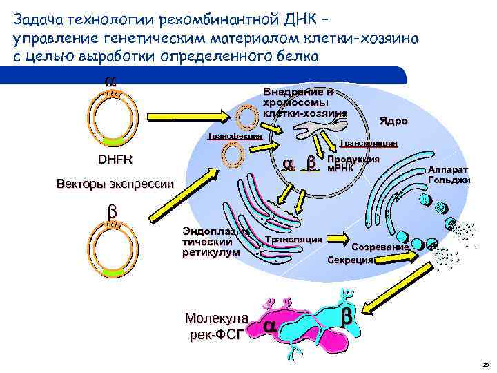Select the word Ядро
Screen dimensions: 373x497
click(393, 121)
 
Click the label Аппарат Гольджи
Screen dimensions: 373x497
click(449, 175)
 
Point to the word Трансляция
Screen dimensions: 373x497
click(293, 239)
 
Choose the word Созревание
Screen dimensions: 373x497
click(380, 247)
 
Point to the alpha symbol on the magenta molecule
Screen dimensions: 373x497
click(271, 325)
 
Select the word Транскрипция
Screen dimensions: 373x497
click(368, 143)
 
